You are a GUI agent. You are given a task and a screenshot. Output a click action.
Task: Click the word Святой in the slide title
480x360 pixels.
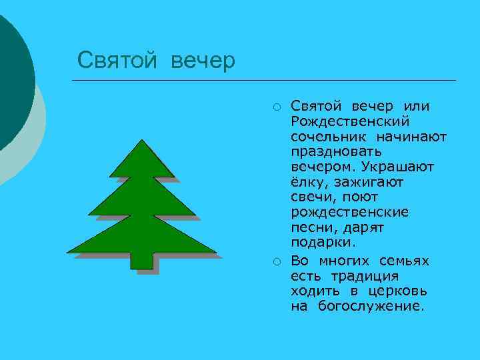tap(117, 61)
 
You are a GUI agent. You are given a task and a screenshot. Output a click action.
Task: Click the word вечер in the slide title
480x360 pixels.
tap(203, 61)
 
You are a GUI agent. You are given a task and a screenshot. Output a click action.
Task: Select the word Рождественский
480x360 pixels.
tap(350, 121)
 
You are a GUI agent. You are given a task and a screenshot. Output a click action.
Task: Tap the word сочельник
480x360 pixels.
tap(323, 137)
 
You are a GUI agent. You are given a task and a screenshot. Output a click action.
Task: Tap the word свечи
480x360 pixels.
tap(311, 198)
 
